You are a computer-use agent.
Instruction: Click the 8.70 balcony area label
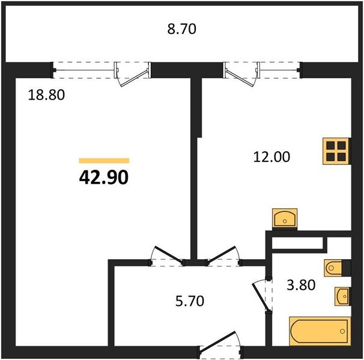click(182, 29)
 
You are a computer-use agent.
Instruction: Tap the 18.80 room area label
click(46, 95)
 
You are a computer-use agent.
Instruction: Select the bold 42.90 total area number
click(104, 178)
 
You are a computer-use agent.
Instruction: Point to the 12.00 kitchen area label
click(271, 157)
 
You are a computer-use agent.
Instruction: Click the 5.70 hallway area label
click(190, 301)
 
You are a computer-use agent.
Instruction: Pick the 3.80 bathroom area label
click(301, 285)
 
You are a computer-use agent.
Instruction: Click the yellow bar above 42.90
click(104, 161)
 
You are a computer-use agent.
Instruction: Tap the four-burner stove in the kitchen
click(336, 151)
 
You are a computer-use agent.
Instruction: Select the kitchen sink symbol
click(285, 218)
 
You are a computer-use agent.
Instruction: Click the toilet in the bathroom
click(333, 268)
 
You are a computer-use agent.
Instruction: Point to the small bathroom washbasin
click(342, 296)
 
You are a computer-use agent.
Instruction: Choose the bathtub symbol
click(320, 331)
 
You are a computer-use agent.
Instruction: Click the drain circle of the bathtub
click(342, 331)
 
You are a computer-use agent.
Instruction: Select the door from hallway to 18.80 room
click(169, 255)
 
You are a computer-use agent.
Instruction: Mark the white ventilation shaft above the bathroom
click(297, 243)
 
